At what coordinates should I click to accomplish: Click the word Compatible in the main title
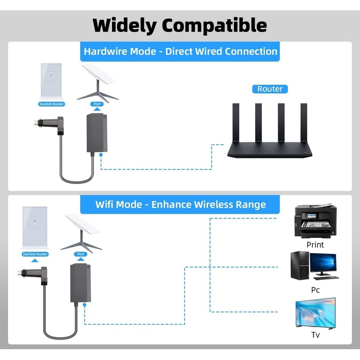tap(215, 25)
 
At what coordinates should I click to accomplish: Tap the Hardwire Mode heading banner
tap(180, 51)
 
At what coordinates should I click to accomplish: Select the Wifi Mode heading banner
tap(180, 205)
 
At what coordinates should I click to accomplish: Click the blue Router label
tap(270, 89)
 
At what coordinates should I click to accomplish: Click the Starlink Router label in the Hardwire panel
tap(51, 104)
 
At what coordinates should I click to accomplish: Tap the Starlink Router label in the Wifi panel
tap(35, 254)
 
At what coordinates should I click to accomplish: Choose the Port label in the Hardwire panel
tap(97, 104)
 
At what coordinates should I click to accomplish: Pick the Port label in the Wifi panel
tap(81, 254)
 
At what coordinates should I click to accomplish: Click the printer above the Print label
tap(315, 222)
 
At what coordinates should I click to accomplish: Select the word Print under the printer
tap(315, 245)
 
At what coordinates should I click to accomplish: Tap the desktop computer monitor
tap(323, 264)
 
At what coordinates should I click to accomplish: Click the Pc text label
tap(315, 290)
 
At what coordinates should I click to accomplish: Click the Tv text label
tap(315, 335)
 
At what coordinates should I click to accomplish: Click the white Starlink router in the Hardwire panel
tap(52, 81)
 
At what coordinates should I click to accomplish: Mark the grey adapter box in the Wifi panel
tap(81, 283)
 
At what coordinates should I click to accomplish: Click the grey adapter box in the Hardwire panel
tap(97, 133)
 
